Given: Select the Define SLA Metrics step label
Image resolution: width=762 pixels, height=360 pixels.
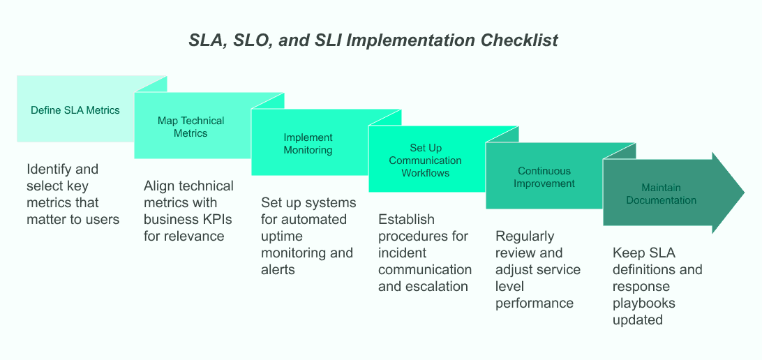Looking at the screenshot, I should (75, 110).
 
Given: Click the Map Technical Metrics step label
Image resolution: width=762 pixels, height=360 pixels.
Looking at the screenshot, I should (191, 127).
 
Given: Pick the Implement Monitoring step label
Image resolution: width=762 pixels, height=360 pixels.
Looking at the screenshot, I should (308, 144).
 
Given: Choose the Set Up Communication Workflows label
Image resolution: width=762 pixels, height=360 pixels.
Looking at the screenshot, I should (425, 160).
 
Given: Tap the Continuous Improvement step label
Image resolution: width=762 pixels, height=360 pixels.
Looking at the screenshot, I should (544, 177).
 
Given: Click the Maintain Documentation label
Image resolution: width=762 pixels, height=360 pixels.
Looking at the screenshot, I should (661, 194).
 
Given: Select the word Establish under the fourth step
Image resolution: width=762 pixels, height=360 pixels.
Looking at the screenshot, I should (406, 219).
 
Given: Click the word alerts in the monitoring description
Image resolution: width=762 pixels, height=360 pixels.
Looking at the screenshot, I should (278, 269).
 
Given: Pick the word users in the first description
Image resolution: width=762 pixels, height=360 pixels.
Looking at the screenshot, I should (102, 219).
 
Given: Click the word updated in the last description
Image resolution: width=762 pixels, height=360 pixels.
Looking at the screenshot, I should (637, 320).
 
